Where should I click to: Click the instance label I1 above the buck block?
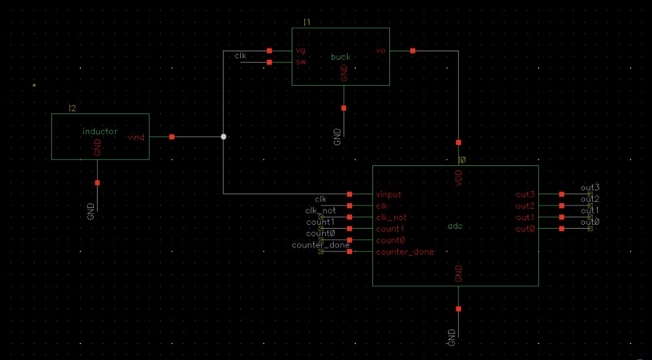click(307, 22)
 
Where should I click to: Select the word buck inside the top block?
click(341, 57)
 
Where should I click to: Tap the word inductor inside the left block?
click(99, 131)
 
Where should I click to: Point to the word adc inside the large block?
click(455, 226)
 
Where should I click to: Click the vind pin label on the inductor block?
click(136, 138)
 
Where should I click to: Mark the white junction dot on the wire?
click(223, 137)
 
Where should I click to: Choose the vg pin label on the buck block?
click(300, 51)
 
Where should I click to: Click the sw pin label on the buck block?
click(300, 61)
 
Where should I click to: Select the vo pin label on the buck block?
click(380, 51)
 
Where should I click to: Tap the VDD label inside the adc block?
click(459, 181)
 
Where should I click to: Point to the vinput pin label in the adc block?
click(388, 195)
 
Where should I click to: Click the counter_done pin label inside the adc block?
click(404, 252)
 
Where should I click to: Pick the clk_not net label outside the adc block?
click(320, 210)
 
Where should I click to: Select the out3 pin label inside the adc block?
click(525, 195)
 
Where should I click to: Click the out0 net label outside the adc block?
click(590, 222)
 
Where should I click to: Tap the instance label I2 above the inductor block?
click(72, 108)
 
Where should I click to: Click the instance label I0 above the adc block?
click(462, 160)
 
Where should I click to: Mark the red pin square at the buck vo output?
click(413, 51)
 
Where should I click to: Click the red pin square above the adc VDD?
click(459, 142)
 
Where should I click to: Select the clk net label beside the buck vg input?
click(240, 56)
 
